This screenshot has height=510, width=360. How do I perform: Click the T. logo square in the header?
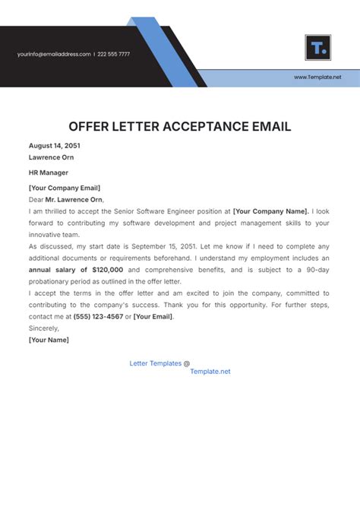(x=317, y=47)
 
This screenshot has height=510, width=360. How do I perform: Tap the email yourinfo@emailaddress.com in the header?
(x=54, y=54)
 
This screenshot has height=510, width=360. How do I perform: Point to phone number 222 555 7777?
(x=114, y=54)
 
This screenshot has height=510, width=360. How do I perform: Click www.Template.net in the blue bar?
(x=317, y=78)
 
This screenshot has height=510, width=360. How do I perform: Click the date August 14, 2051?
(x=54, y=145)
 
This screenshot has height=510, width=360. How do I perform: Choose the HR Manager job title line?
(x=49, y=173)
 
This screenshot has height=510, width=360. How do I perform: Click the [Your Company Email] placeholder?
(x=65, y=188)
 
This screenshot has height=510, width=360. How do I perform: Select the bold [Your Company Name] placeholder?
(x=270, y=211)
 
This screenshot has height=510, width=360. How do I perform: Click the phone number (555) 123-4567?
(x=98, y=315)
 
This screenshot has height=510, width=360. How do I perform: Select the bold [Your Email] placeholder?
(x=153, y=315)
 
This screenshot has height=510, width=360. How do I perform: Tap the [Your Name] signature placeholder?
(x=49, y=340)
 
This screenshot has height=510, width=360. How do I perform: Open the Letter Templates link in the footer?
(x=156, y=363)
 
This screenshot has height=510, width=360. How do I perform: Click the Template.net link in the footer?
(x=210, y=372)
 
